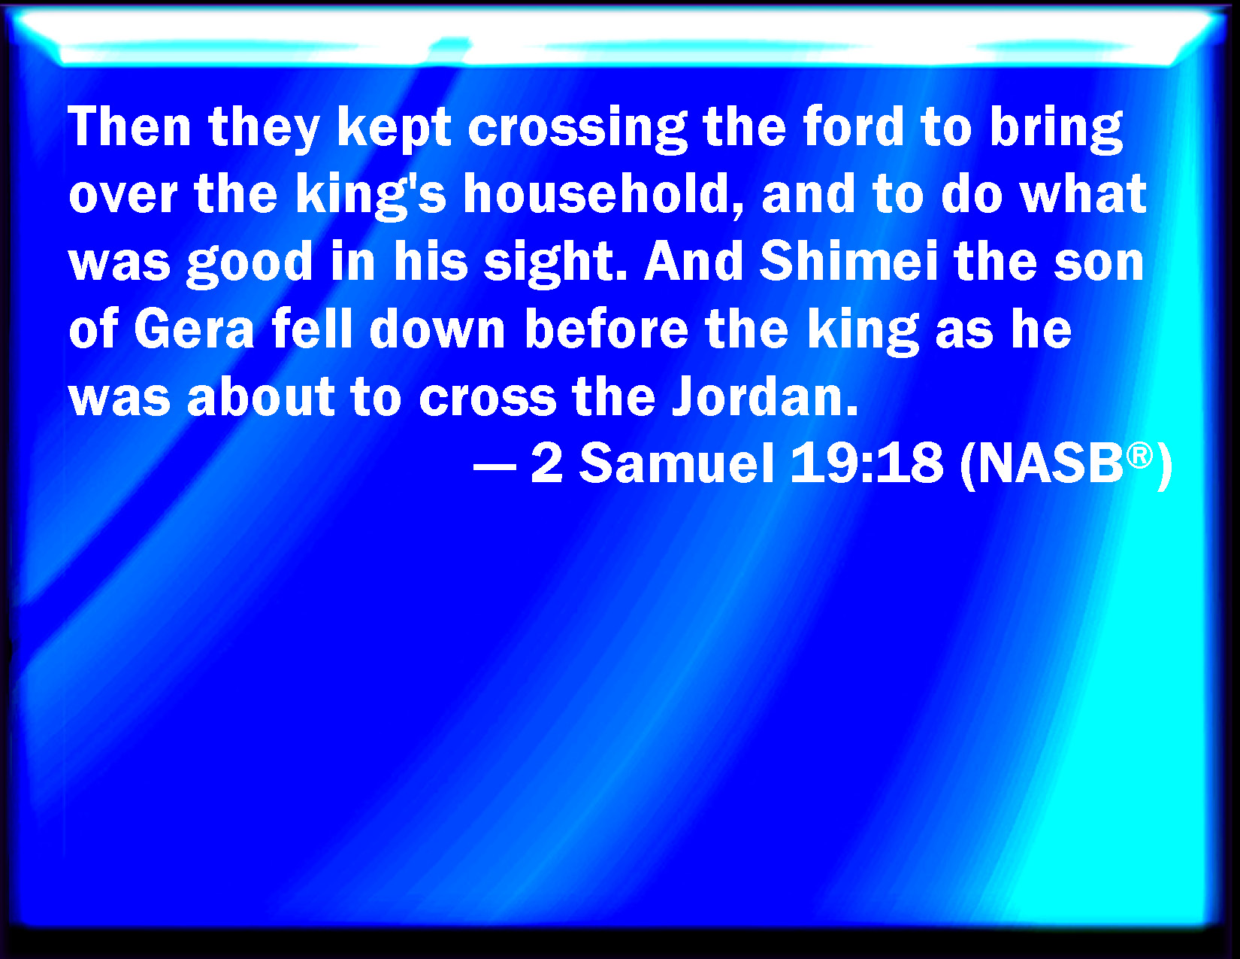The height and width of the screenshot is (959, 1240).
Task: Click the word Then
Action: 129,127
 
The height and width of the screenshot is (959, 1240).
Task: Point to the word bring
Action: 1056,131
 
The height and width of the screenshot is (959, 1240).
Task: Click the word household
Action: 603,194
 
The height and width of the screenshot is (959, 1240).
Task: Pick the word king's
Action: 370,197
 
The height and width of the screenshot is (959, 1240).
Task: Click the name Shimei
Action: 848,262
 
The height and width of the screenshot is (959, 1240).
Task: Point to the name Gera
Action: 194,329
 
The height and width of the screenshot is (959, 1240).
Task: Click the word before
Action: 606,329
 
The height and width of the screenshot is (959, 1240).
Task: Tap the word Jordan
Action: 764,396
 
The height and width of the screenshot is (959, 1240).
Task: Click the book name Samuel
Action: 677,464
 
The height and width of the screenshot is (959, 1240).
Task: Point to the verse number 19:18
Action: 866,464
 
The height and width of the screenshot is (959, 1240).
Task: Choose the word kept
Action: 394,131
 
